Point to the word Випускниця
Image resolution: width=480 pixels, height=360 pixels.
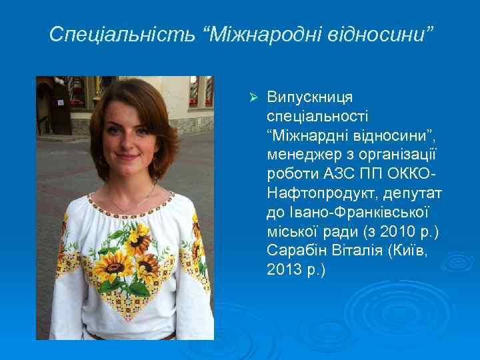(x=310, y=97)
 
